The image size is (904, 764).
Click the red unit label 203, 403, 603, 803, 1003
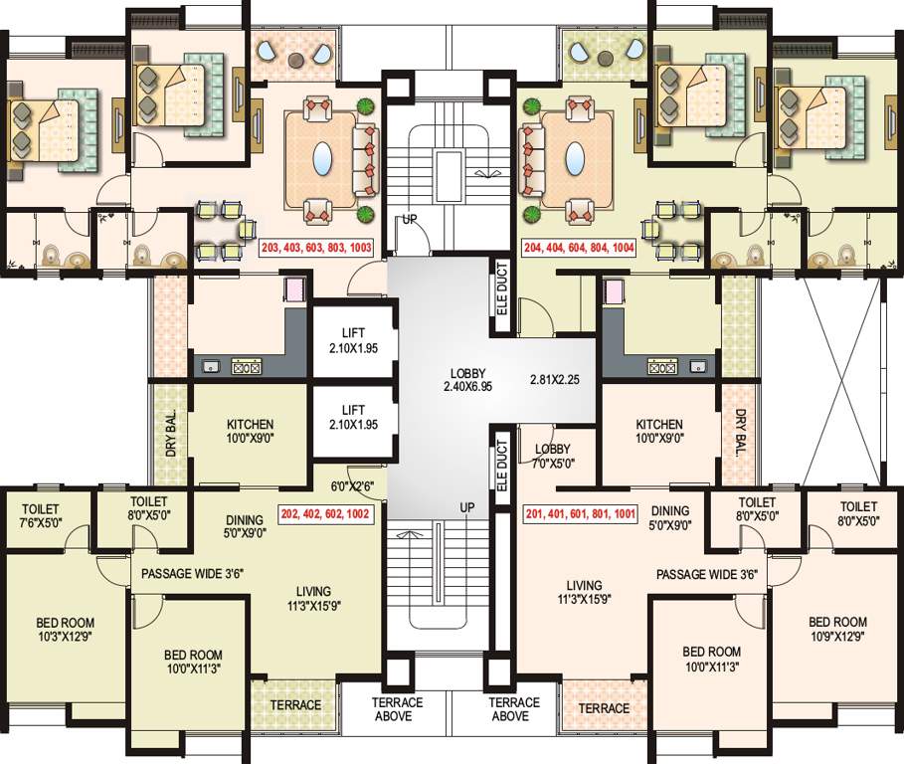pyautogui.click(x=316, y=248)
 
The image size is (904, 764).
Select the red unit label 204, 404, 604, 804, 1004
pyautogui.click(x=579, y=248)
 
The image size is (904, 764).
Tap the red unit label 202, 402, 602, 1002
pyautogui.click(x=326, y=513)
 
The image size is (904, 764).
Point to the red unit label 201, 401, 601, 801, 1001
pyautogui.click(x=581, y=513)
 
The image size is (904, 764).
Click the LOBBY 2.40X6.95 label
pyautogui.click(x=467, y=380)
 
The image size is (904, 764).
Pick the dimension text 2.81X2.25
pyautogui.click(x=555, y=380)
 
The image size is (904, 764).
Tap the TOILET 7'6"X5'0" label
pyautogui.click(x=41, y=515)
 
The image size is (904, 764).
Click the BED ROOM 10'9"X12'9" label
pyautogui.click(x=837, y=629)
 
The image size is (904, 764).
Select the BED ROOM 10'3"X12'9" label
pyautogui.click(x=66, y=629)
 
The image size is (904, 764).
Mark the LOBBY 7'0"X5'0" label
pyautogui.click(x=553, y=456)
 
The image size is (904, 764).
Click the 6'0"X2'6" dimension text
pyautogui.click(x=352, y=486)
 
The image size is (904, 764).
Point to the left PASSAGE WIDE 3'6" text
pyautogui.click(x=193, y=574)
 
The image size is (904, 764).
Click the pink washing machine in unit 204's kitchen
pyautogui.click(x=614, y=290)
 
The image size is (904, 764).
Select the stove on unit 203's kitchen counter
pyautogui.click(x=247, y=366)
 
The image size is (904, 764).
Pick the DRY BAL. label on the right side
pyautogui.click(x=741, y=434)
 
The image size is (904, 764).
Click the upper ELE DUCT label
pyautogui.click(x=502, y=288)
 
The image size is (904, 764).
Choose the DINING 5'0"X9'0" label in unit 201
pyautogui.click(x=670, y=518)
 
